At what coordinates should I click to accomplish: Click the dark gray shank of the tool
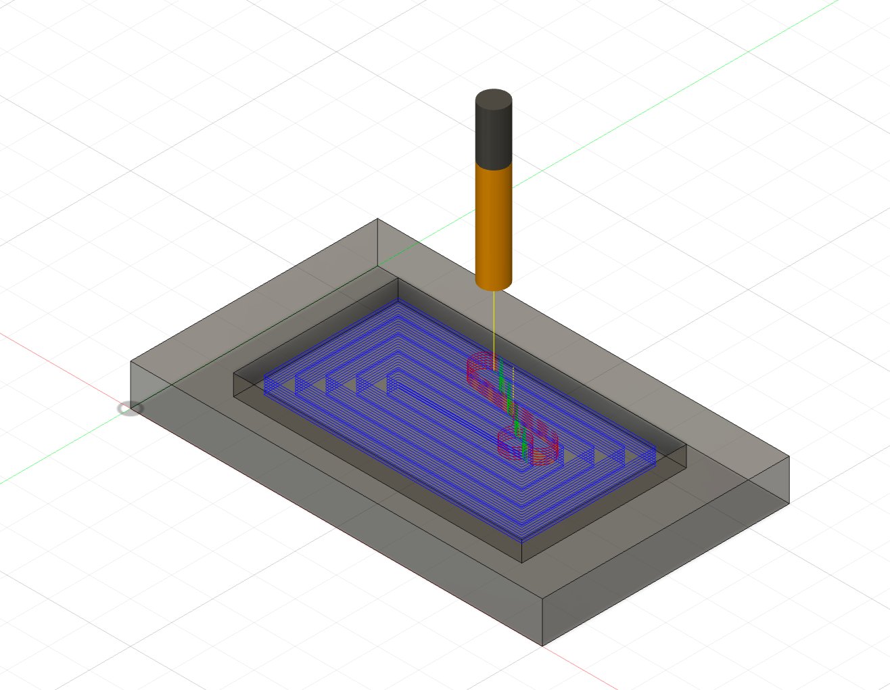[x=494, y=129]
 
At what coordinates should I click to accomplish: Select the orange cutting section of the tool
[x=494, y=223]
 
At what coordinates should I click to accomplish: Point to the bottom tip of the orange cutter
[x=494, y=287]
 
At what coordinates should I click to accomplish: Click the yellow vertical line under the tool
[x=494, y=325]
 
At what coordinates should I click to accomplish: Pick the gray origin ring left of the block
[x=130, y=409]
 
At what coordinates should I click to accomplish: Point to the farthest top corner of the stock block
[x=377, y=219]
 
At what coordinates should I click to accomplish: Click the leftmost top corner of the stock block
[x=131, y=363]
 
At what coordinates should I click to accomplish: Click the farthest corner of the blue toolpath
[x=398, y=304]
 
